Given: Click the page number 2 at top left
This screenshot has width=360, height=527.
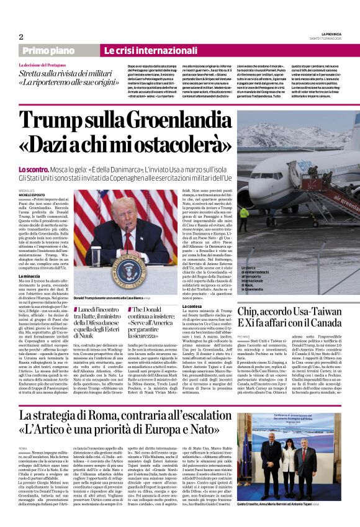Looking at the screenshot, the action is tap(20, 37).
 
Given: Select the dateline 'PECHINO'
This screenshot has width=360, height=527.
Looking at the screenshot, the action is tap(245, 337).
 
